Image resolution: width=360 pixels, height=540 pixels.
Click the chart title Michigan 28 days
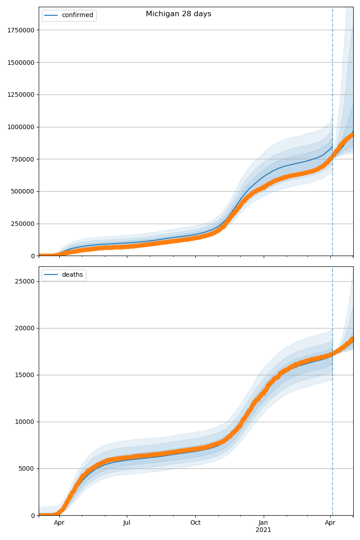point(178,14)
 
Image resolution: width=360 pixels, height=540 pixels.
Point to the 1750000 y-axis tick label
point(21,30)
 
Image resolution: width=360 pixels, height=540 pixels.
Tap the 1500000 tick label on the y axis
point(21,63)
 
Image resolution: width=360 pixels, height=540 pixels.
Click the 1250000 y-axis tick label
point(21,95)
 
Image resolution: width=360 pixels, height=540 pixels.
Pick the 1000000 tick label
point(21,127)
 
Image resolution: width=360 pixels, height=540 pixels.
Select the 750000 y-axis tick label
point(23,159)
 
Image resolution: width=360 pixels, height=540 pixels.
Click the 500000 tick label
point(23,192)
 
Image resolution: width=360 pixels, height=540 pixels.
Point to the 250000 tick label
point(23,224)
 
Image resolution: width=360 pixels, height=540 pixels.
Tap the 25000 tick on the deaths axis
point(25,281)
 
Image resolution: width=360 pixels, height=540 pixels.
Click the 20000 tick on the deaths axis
point(25,328)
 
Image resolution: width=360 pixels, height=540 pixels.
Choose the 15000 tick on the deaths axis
point(25,375)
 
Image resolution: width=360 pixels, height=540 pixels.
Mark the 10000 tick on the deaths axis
point(25,422)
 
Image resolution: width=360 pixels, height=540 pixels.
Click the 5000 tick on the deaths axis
point(27,468)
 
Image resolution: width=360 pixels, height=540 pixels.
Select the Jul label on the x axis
point(127,523)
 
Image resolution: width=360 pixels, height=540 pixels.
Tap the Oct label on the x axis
point(195,523)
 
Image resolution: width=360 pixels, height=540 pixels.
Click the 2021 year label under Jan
point(264,530)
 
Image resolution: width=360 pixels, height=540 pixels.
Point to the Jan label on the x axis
point(264,523)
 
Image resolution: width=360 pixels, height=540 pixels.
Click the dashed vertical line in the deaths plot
point(333,405)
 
